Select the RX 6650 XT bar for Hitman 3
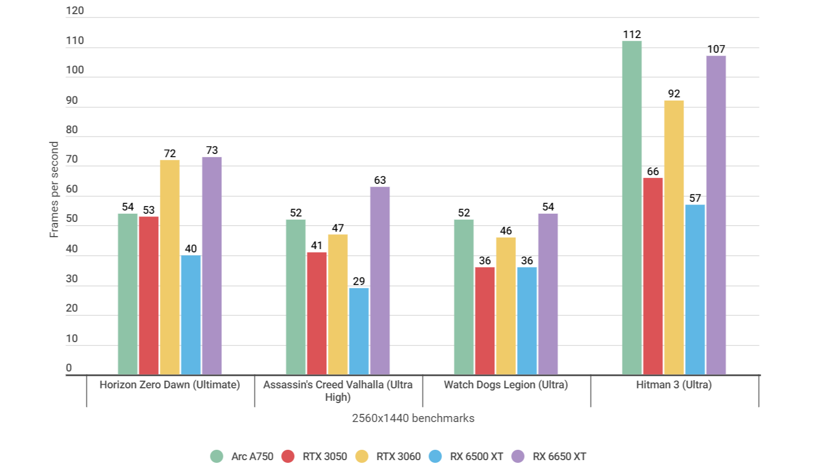[716, 215]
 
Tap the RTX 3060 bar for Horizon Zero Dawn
[170, 267]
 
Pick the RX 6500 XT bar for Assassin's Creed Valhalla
[359, 331]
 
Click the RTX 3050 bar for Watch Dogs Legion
[484, 321]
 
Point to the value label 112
[632, 34]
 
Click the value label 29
[359, 281]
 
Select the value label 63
[380, 180]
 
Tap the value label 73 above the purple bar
[212, 150]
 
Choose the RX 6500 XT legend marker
[436, 456]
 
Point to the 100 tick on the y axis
[75, 70]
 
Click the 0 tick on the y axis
[69, 368]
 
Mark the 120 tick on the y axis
[75, 11]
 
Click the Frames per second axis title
[54, 189]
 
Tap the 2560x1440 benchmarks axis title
[413, 418]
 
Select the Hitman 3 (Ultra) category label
[674, 385]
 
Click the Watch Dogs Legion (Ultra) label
[506, 385]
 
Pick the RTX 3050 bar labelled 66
[652, 276]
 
